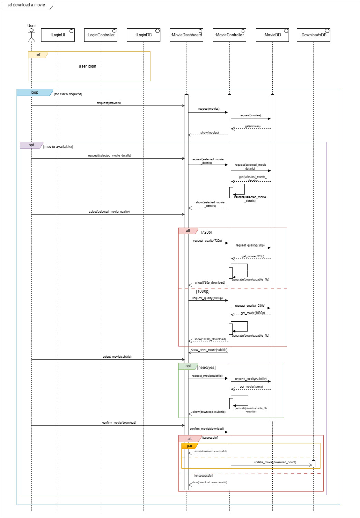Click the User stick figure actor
click(x=31, y=35)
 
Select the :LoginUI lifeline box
click(x=58, y=35)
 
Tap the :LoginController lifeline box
click(x=101, y=35)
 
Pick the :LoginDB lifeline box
click(x=143, y=35)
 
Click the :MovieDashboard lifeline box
click(x=187, y=35)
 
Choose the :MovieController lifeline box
click(x=229, y=35)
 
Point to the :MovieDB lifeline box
click(x=272, y=35)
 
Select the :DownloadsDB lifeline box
click(x=313, y=35)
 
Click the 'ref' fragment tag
click(x=38, y=55)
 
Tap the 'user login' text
click(x=87, y=66)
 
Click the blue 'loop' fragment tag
click(x=35, y=93)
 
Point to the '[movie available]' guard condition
click(x=58, y=147)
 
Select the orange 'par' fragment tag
click(x=189, y=446)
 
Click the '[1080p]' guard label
click(x=203, y=291)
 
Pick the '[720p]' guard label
click(x=206, y=232)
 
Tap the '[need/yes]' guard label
click(x=206, y=368)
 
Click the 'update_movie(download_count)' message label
click(x=275, y=462)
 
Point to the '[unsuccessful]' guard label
click(x=203, y=476)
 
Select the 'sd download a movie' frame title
click(x=26, y=5)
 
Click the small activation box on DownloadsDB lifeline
click(x=313, y=464)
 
